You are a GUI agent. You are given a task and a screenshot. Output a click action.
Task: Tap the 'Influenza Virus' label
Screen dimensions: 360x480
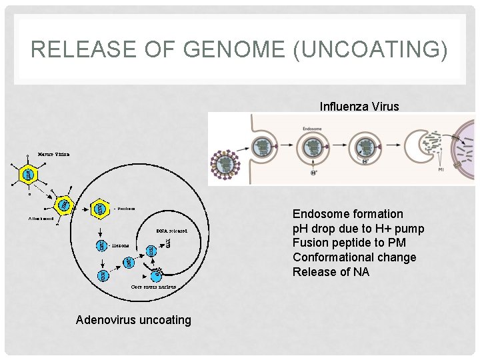click(359, 106)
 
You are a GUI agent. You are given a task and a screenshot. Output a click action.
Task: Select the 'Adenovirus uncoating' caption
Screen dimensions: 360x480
click(133, 320)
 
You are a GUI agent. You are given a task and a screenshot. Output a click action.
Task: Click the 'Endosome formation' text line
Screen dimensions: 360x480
click(348, 214)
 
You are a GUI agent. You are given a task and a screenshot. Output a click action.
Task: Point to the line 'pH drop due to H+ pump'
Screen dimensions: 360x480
click(359, 229)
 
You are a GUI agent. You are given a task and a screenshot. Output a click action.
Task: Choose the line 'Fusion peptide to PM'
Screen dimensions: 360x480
click(349, 243)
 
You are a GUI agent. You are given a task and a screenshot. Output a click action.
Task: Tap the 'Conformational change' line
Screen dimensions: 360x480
click(354, 257)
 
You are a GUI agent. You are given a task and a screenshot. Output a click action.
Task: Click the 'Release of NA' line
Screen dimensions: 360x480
click(331, 272)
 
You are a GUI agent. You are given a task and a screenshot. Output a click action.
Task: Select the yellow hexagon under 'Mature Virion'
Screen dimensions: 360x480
click(28, 175)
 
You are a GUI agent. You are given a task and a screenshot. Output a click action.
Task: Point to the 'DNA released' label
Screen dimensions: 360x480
click(171, 231)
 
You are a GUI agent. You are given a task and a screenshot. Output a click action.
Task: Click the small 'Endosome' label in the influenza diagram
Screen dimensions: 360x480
click(312, 129)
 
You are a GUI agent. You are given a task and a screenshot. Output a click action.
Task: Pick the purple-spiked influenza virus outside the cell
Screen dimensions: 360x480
click(225, 165)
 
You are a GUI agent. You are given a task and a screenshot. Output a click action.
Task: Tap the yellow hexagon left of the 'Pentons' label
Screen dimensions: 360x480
click(100, 209)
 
